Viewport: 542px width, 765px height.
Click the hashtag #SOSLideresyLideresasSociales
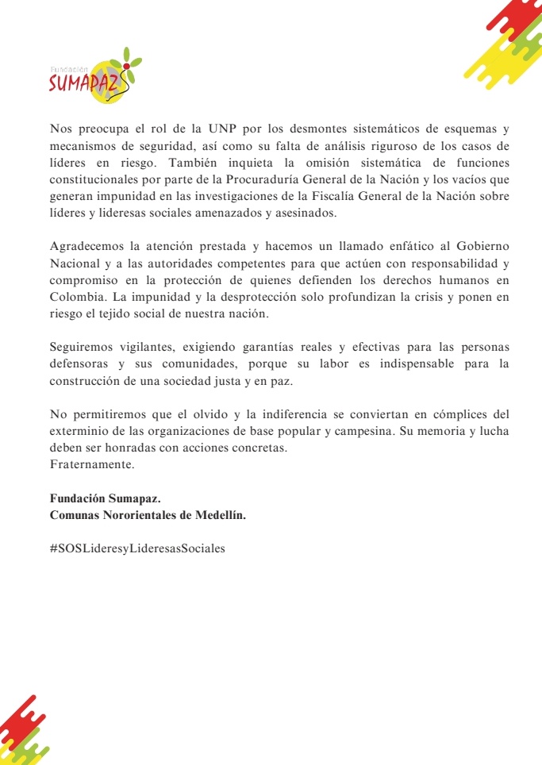(x=137, y=548)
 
